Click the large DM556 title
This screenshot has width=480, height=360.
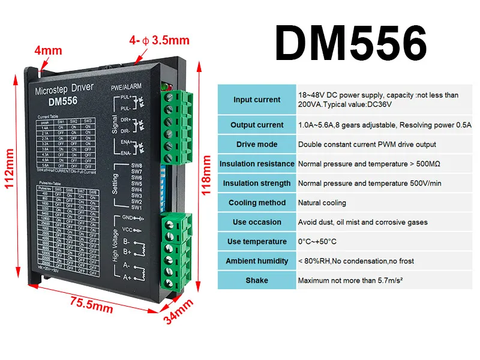click(352, 44)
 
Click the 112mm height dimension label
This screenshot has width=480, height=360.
click(10, 169)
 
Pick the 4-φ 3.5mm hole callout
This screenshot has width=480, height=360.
click(159, 41)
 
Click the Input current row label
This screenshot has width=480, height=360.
click(257, 100)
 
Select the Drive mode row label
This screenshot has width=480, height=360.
click(257, 145)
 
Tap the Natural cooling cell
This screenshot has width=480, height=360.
click(322, 203)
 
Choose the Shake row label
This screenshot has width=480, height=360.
click(257, 280)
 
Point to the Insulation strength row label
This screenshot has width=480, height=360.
click(257, 183)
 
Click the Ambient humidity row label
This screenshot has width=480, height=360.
click(257, 261)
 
